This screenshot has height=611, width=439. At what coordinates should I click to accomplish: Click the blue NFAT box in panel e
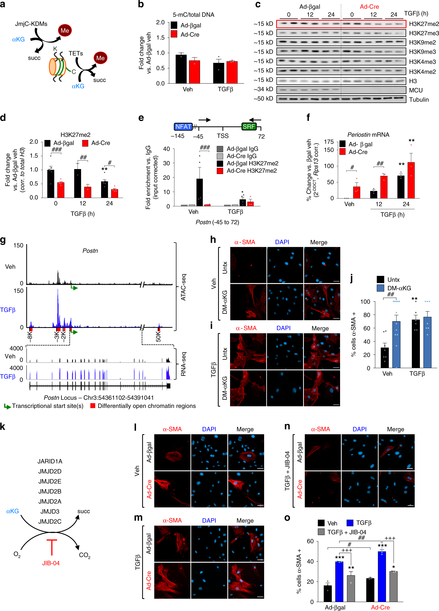click(x=183, y=126)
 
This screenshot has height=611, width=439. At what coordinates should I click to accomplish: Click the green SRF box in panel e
click(x=249, y=126)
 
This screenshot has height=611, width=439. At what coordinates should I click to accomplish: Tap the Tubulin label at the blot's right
click(x=419, y=99)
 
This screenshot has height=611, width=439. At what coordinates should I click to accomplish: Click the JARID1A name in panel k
click(x=50, y=461)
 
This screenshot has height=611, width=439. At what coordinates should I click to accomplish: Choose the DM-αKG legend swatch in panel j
click(x=380, y=288)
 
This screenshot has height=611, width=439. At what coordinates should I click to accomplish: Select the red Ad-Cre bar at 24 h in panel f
click(x=411, y=180)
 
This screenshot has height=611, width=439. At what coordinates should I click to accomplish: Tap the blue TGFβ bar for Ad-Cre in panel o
click(x=382, y=576)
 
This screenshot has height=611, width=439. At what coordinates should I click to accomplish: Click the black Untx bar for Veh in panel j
click(x=385, y=358)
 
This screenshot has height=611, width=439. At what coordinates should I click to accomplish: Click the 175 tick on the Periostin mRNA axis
click(x=329, y=142)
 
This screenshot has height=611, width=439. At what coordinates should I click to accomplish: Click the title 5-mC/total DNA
click(x=193, y=15)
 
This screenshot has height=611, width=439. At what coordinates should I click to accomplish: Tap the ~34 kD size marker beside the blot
click(x=263, y=89)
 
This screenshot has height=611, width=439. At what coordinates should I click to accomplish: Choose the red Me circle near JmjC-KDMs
click(x=65, y=30)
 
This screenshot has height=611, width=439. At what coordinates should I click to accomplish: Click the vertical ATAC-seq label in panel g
click(x=183, y=287)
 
